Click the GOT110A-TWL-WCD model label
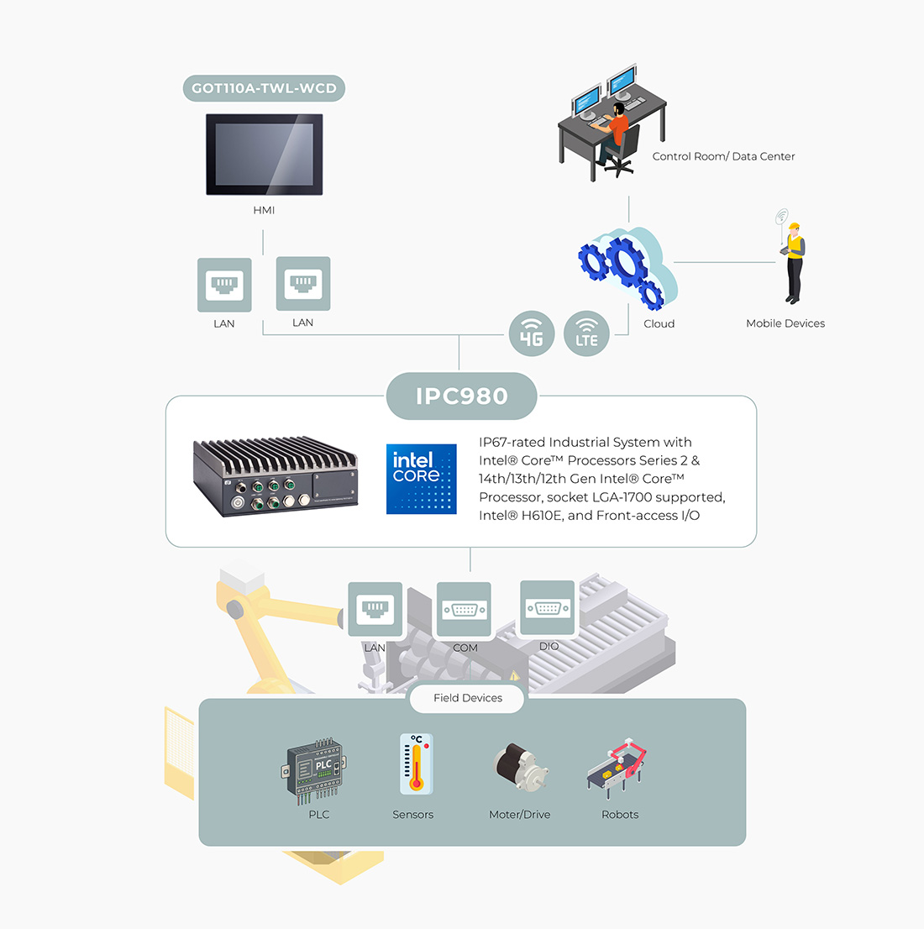(264, 88)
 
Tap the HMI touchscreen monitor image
(264, 155)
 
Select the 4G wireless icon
(531, 333)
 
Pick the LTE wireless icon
(586, 333)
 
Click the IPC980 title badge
(461, 396)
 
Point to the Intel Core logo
(422, 479)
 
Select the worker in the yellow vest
(793, 264)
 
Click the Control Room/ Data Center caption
(723, 156)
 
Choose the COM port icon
(464, 610)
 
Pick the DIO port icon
(548, 607)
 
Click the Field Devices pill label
(467, 698)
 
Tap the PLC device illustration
(317, 771)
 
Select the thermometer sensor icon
(415, 764)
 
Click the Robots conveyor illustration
(617, 766)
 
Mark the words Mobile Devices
(785, 323)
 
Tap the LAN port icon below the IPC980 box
(375, 609)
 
